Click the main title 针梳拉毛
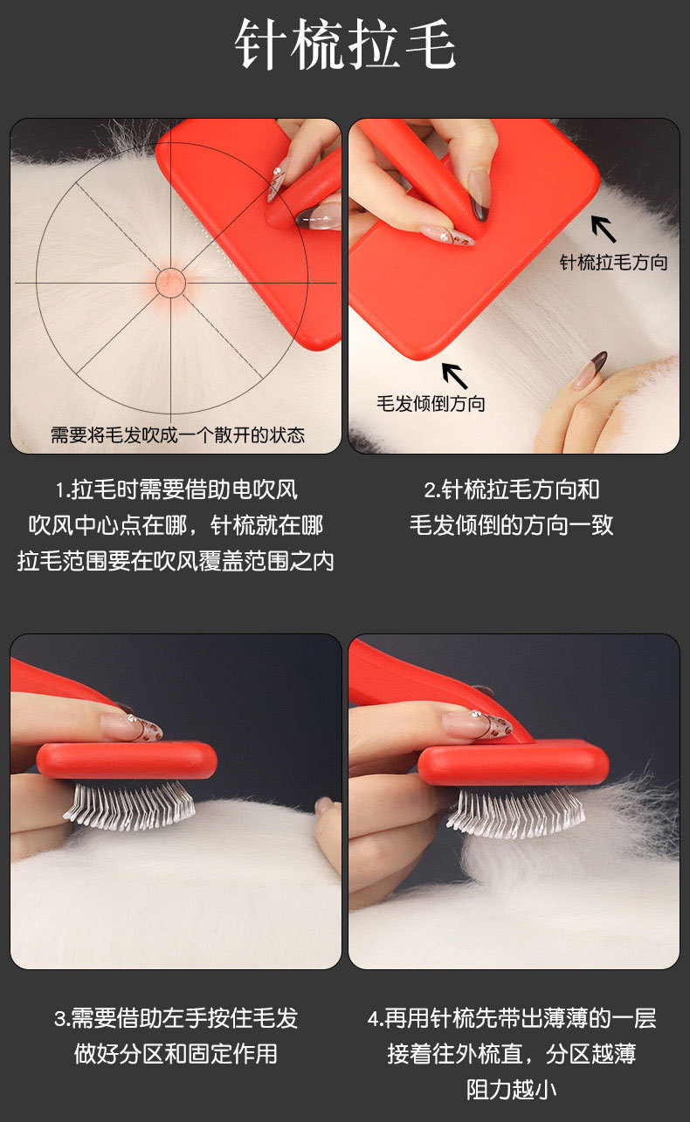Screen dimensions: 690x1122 tap(345, 44)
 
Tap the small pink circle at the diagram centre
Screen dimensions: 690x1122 tap(170, 283)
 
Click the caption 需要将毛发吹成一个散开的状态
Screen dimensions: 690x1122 tap(177, 434)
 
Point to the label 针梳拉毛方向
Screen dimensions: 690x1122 tap(614, 262)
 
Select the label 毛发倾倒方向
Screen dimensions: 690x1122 tap(431, 403)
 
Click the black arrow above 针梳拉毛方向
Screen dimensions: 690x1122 tap(604, 229)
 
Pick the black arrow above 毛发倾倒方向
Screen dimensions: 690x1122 tap(454, 376)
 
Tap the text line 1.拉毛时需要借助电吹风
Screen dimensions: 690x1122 tap(176, 489)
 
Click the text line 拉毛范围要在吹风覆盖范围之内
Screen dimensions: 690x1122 tap(176, 561)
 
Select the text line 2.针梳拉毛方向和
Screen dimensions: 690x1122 tap(512, 489)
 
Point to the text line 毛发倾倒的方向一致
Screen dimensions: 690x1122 tap(512, 525)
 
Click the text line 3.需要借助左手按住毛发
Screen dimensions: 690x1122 tap(176, 1018)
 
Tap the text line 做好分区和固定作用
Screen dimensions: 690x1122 tap(176, 1054)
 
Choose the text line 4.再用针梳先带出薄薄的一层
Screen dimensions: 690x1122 tap(512, 1018)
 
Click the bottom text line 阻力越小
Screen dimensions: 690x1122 tap(512, 1090)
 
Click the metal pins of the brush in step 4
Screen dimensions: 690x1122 tap(516, 812)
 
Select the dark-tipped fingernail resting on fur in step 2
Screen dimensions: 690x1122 tap(590, 369)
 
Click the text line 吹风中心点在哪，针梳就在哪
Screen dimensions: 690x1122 tap(176, 525)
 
